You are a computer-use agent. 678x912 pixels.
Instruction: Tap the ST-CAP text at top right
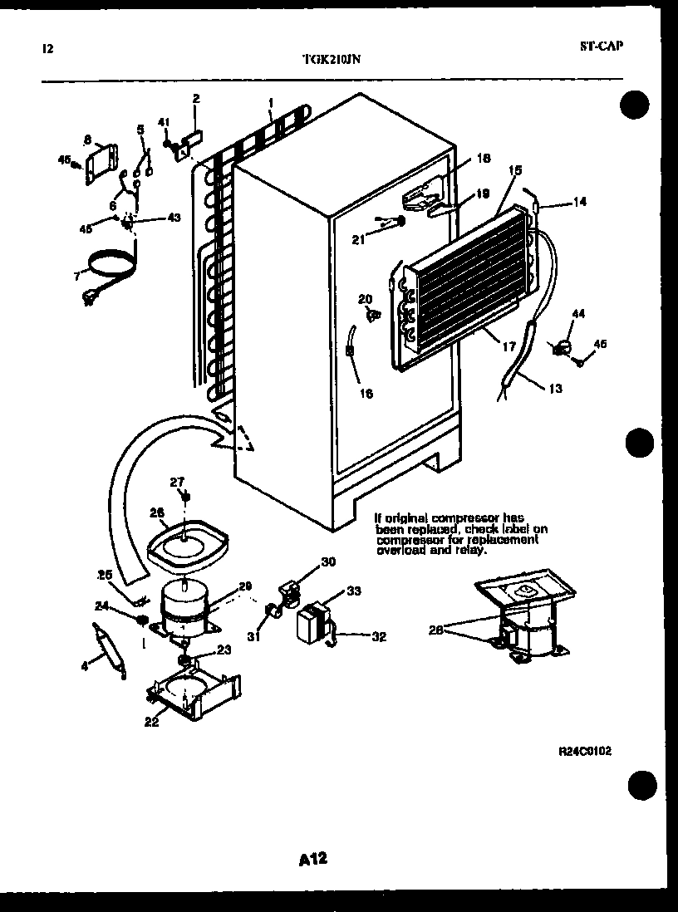tap(601, 47)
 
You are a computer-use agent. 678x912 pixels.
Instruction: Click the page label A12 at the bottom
tap(312, 860)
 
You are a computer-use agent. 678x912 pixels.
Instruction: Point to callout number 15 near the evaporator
tap(515, 170)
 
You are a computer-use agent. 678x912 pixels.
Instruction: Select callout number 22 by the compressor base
tap(150, 721)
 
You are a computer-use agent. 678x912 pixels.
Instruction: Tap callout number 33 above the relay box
tap(353, 592)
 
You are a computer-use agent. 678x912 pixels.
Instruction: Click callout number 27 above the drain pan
tap(176, 481)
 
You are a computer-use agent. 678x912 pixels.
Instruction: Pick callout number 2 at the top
tap(196, 99)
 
